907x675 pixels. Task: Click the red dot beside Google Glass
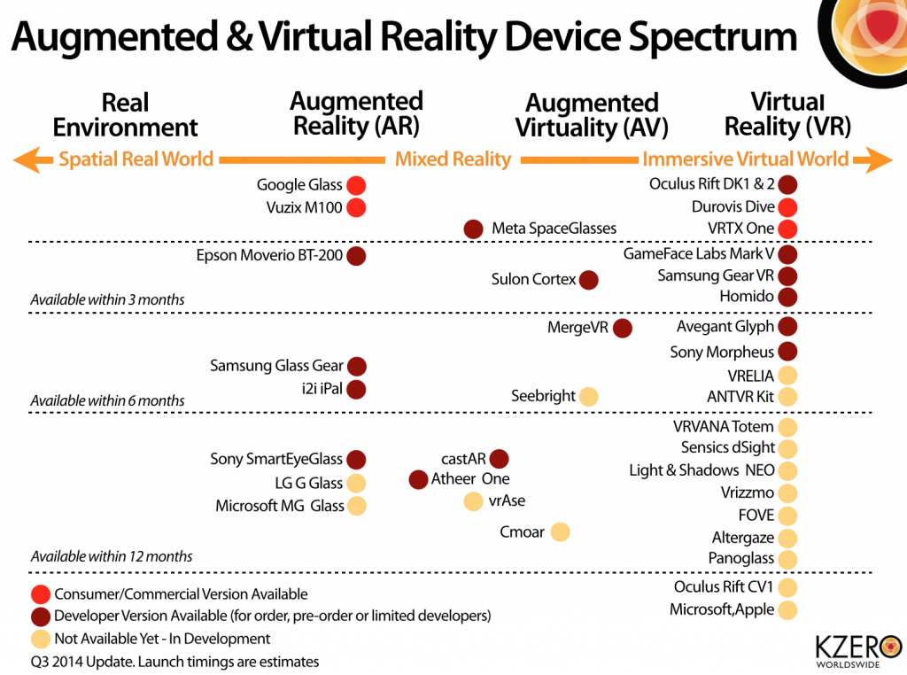coord(356,185)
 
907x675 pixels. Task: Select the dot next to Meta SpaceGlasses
coord(473,229)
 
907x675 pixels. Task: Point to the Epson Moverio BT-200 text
coord(269,256)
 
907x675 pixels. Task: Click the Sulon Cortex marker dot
coord(588,280)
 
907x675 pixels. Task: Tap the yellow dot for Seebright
coord(587,396)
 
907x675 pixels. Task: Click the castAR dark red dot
coord(499,458)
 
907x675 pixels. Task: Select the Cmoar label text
coord(522,532)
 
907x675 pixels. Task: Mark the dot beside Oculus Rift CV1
coord(787,586)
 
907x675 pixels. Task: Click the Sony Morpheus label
coord(722,353)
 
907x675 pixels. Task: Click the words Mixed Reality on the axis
coord(453,159)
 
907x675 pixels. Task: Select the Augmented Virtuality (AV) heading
coord(592,115)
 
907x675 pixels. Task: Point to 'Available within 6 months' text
coord(107,400)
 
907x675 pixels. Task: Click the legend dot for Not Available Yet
coord(40,639)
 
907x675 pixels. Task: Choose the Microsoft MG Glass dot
coord(356,506)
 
